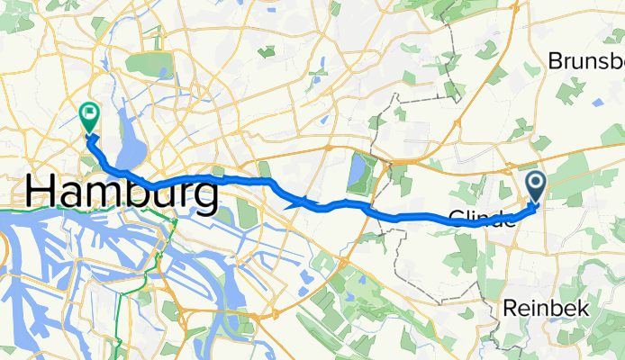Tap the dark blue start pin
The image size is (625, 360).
point(535,186)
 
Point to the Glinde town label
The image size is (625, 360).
point(483,216)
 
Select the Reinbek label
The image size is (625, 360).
point(547,308)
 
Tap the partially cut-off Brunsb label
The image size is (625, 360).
point(585,61)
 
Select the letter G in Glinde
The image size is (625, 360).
point(457,216)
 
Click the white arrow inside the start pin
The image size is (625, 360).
point(535,184)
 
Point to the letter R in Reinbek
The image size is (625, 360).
point(512,308)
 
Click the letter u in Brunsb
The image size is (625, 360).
point(579,62)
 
